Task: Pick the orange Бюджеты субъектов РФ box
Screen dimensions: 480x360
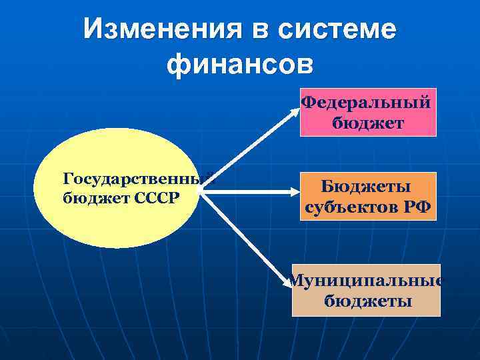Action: coord(368,196)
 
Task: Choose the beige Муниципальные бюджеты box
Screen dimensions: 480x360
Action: coord(366,291)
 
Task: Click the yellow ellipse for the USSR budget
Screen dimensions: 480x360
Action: coord(117,188)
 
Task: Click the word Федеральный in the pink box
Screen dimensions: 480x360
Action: coord(366,103)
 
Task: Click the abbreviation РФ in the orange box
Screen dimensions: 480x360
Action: coord(417,207)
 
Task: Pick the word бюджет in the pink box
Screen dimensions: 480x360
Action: coord(367,123)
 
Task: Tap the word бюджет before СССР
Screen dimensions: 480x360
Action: coord(90,198)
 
